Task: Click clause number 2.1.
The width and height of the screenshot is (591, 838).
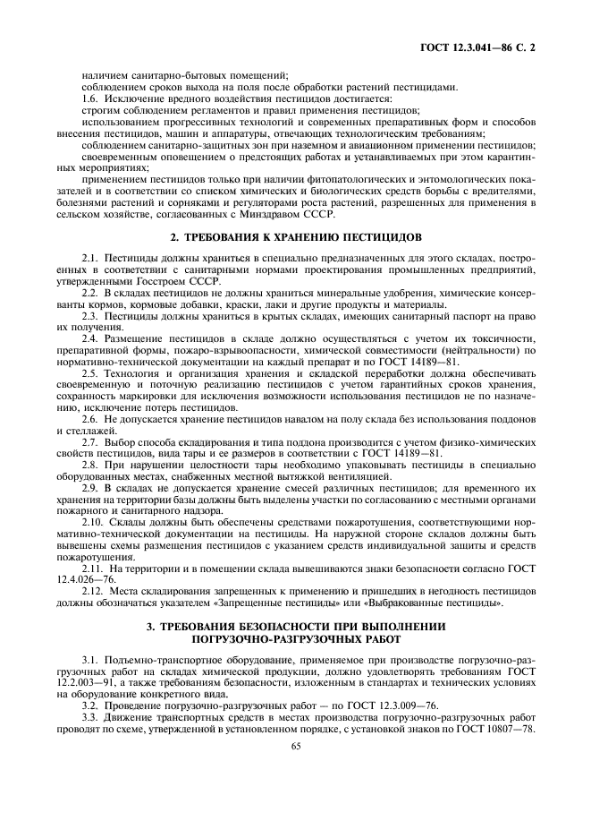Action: coord(89,259)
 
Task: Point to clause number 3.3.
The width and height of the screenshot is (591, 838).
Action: coord(89,719)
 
